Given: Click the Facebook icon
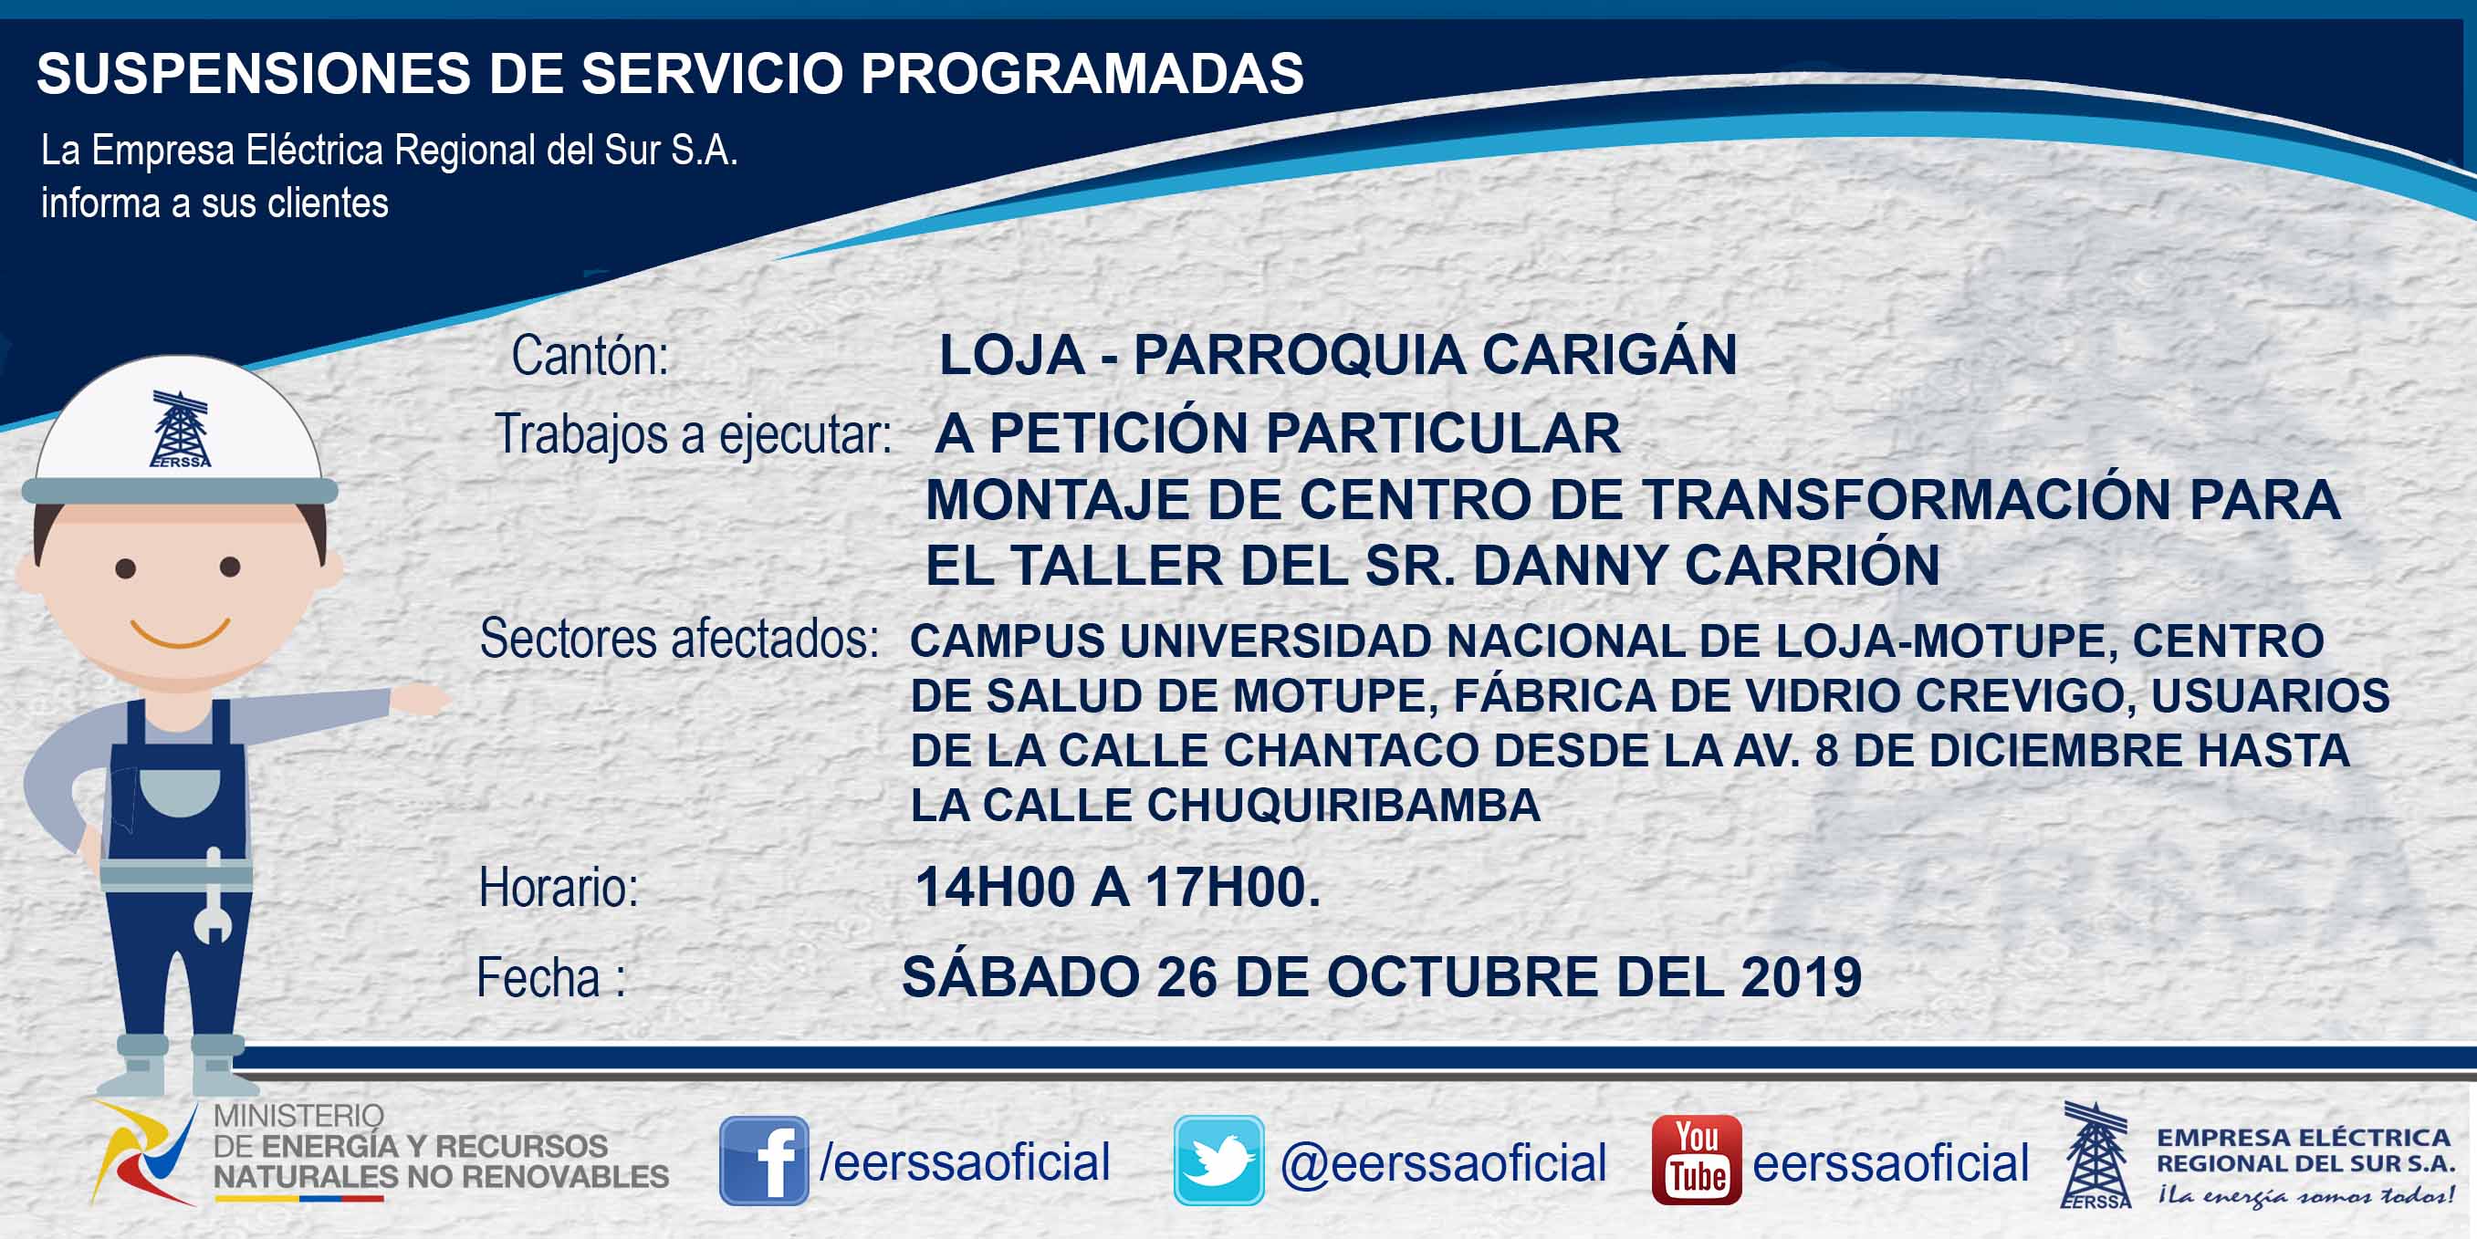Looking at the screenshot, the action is click(x=764, y=1161).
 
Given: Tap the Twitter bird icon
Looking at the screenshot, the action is click(x=1218, y=1161).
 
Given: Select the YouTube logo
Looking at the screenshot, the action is click(x=1696, y=1160).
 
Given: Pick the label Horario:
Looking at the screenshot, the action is click(x=559, y=887).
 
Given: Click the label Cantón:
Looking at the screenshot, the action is click(x=590, y=356).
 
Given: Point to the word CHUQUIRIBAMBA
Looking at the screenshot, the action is click(x=1343, y=805).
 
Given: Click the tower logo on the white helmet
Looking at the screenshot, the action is click(x=180, y=429).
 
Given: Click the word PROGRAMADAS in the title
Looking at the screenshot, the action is click(x=1082, y=73).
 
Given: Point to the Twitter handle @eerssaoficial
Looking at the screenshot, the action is click(x=1443, y=1162).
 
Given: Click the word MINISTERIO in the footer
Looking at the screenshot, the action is click(x=298, y=1115).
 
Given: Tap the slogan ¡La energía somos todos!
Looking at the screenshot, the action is click(x=2305, y=1195).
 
